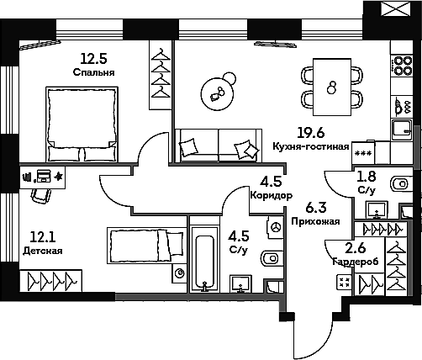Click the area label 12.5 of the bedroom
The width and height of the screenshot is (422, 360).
[92, 58]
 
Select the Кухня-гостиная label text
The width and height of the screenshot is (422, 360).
[310, 146]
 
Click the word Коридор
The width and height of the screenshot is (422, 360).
[271, 195]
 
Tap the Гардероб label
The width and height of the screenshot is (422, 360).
[342, 262]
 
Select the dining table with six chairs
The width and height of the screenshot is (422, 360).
[332, 85]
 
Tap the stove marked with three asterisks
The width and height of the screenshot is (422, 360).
[363, 153]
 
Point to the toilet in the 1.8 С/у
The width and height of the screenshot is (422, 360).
[394, 183]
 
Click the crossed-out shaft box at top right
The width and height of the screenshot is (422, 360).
[391, 11]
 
